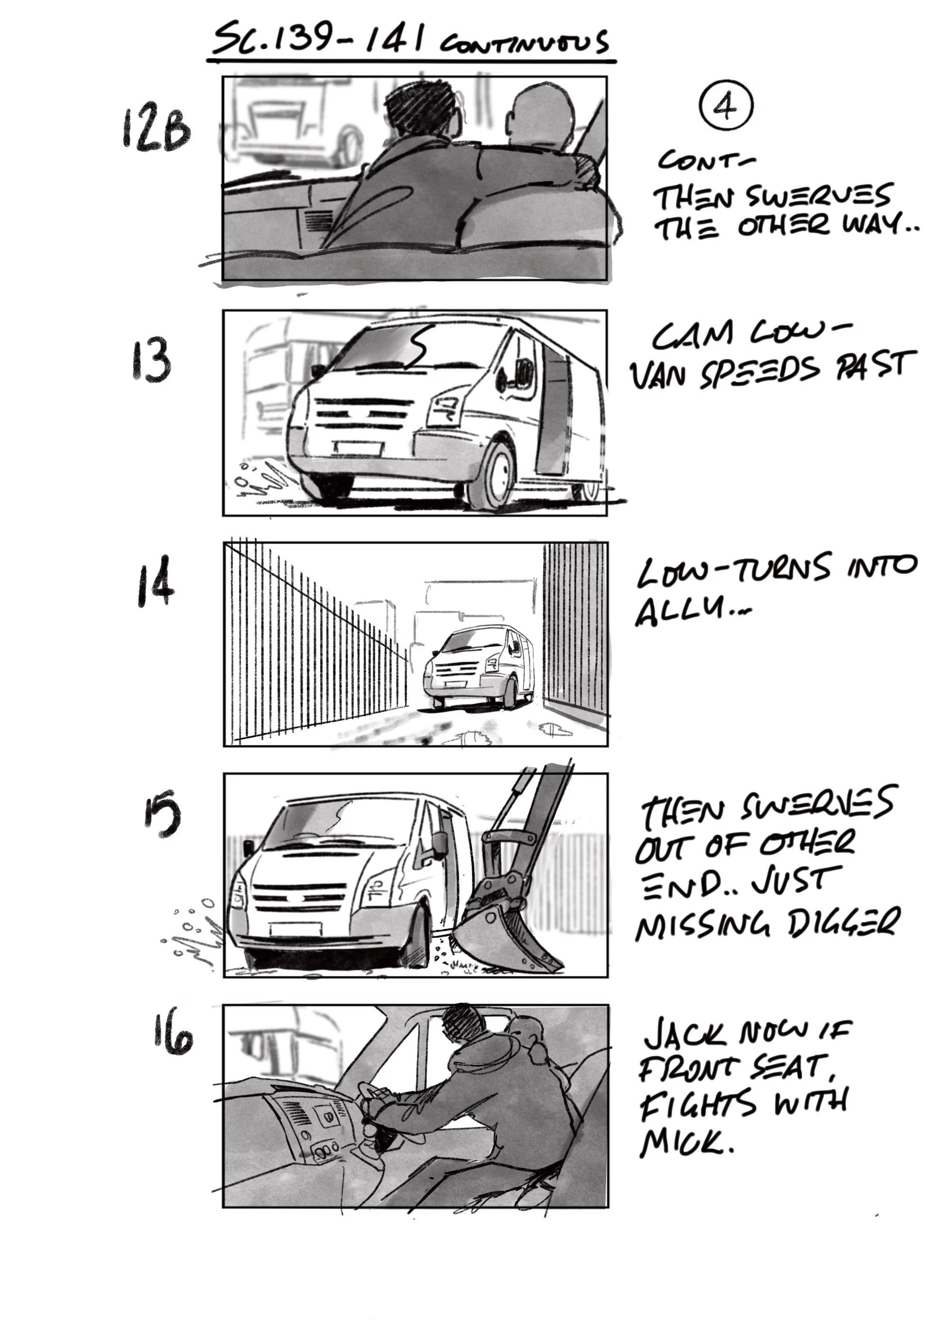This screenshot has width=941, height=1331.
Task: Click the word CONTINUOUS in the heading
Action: (524, 44)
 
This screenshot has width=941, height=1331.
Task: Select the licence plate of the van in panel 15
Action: (295, 929)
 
